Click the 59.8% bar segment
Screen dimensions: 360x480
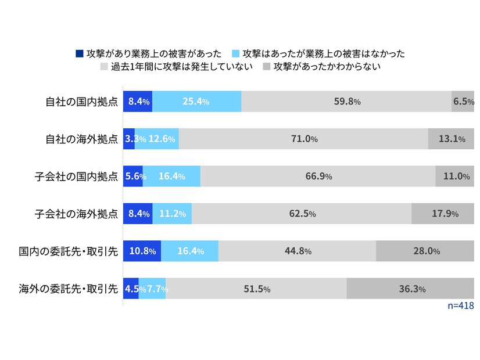pyautogui.click(x=346, y=102)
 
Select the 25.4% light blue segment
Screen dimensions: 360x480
pyautogui.click(x=196, y=102)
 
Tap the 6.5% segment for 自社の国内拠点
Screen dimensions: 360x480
pyautogui.click(x=463, y=102)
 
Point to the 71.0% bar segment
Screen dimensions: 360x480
pyautogui.click(x=303, y=139)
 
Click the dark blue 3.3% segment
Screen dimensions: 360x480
pyautogui.click(x=129, y=139)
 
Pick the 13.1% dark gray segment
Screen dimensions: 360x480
pyautogui.click(x=451, y=139)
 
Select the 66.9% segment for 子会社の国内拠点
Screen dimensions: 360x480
pyautogui.click(x=318, y=177)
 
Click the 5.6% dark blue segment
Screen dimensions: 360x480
pyautogui.click(x=133, y=177)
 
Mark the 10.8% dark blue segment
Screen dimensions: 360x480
pyautogui.click(x=142, y=251)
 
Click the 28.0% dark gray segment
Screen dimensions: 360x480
pyautogui.click(x=425, y=251)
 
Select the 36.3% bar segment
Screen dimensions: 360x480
pyautogui.click(x=410, y=289)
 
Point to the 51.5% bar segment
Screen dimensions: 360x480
pyautogui.click(x=256, y=289)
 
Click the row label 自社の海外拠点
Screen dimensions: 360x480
pyautogui.click(x=82, y=139)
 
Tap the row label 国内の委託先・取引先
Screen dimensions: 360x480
pyautogui.click(x=68, y=251)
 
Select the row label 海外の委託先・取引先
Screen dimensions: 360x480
pyautogui.click(x=68, y=289)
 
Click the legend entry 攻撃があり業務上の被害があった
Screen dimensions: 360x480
pyautogui.click(x=148, y=53)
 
